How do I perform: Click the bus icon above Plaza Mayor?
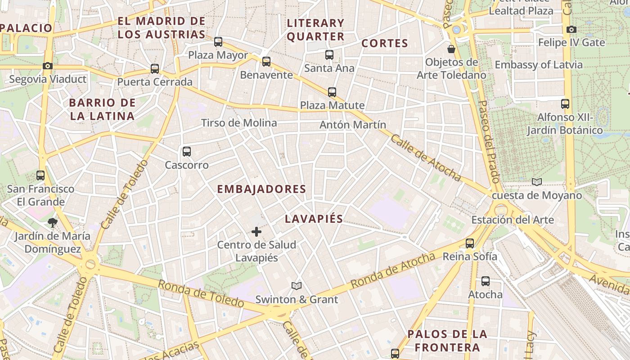tap(218, 42)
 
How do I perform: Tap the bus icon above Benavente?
tap(266, 62)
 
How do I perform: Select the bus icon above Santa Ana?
tap(329, 55)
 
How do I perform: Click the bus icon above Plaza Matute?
tap(332, 92)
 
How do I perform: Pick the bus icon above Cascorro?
tap(187, 152)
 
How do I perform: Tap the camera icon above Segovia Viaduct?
tap(48, 66)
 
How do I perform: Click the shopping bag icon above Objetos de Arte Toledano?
tap(451, 49)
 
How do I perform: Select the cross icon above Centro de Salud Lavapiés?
tap(256, 232)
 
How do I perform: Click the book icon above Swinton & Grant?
tap(296, 286)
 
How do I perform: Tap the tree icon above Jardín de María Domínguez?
tap(52, 222)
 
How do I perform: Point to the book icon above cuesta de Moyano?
tap(536, 182)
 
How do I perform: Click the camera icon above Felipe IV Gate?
tap(571, 30)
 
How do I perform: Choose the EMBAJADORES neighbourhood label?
tap(261, 189)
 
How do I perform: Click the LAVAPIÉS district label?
tap(314, 219)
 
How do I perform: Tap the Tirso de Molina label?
tap(239, 123)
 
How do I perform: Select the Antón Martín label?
tap(353, 125)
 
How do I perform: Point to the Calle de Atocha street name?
tap(426, 157)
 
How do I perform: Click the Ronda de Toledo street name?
tap(201, 294)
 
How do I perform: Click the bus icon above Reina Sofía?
tap(470, 243)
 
